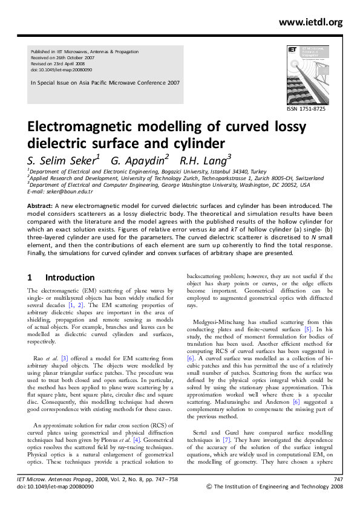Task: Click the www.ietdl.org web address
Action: coord(310,22)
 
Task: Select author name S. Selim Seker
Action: coord(61,160)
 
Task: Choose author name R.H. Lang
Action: coord(206,160)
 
